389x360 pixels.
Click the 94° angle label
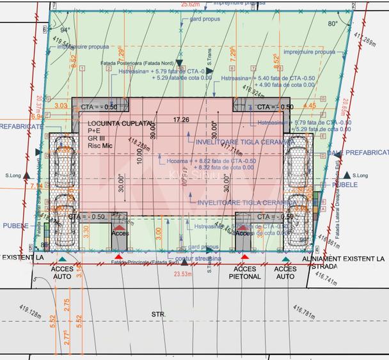tap(65, 30)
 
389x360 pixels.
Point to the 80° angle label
tap(332, 24)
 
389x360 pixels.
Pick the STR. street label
tap(158, 314)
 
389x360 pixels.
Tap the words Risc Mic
tap(101, 146)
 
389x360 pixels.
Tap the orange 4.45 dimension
tap(309, 106)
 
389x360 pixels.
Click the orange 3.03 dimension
tap(61, 106)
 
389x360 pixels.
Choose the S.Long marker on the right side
tap(358, 175)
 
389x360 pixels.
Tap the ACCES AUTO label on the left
tap(63, 273)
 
